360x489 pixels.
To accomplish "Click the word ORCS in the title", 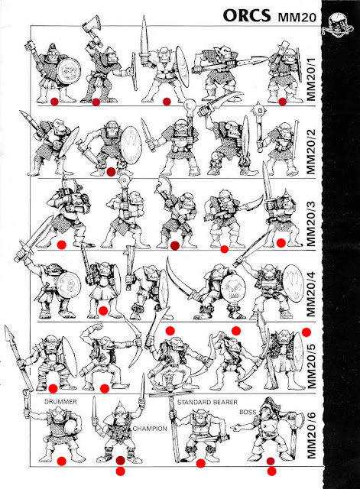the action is [247, 15].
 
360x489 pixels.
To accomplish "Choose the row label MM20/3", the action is [311, 222].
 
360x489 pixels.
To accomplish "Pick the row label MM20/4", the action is [311, 293].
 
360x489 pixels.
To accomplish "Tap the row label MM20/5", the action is [312, 364].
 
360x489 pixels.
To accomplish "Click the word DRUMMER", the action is [60, 402].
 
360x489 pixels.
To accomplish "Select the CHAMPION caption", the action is [150, 429].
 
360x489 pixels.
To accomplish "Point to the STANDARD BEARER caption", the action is [207, 402].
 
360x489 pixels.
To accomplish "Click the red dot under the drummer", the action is [62, 461].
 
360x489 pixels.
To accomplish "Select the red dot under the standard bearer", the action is [200, 464].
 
